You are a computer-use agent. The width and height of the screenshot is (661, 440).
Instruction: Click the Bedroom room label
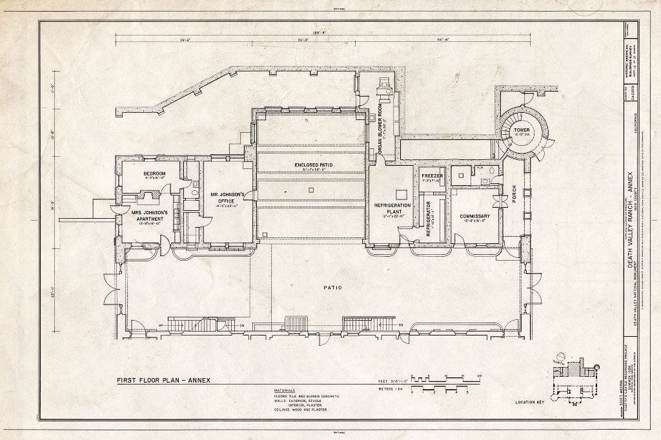tap(154, 174)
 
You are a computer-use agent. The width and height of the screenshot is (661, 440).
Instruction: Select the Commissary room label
tap(475, 216)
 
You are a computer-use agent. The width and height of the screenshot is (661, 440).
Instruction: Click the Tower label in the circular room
tap(522, 132)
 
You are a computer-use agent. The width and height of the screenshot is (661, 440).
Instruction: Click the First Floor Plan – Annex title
tap(163, 380)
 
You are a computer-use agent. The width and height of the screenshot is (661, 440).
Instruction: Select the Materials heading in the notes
tap(284, 390)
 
